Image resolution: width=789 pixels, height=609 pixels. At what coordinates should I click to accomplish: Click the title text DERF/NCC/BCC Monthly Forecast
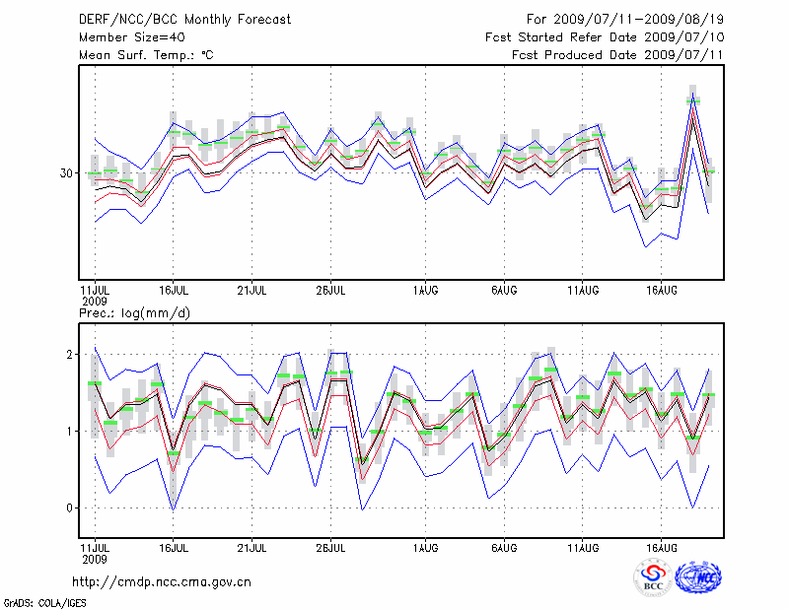tap(171, 19)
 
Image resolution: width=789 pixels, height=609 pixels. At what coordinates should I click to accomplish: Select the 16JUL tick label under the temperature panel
tap(174, 291)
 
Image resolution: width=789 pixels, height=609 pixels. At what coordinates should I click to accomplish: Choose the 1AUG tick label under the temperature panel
tap(426, 291)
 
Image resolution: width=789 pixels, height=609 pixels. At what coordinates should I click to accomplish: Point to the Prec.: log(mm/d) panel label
tap(134, 313)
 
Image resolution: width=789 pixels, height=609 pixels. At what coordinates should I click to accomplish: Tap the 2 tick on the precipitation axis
tap(70, 354)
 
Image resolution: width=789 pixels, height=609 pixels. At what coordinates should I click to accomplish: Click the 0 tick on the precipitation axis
tap(70, 508)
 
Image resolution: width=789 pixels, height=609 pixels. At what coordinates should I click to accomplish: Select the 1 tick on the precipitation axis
tap(70, 432)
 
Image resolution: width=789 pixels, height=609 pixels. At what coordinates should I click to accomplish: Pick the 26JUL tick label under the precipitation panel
tap(330, 545)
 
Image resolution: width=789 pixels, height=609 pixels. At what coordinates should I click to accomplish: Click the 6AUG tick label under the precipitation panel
tap(504, 545)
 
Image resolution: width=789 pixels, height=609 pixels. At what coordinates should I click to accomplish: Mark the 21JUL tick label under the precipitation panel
tap(252, 545)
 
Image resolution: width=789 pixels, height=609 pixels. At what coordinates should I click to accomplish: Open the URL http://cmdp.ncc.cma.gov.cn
tap(162, 581)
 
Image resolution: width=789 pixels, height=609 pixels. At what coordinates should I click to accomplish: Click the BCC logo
tap(653, 578)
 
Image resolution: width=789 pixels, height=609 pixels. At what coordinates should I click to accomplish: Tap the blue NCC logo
tap(698, 578)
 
